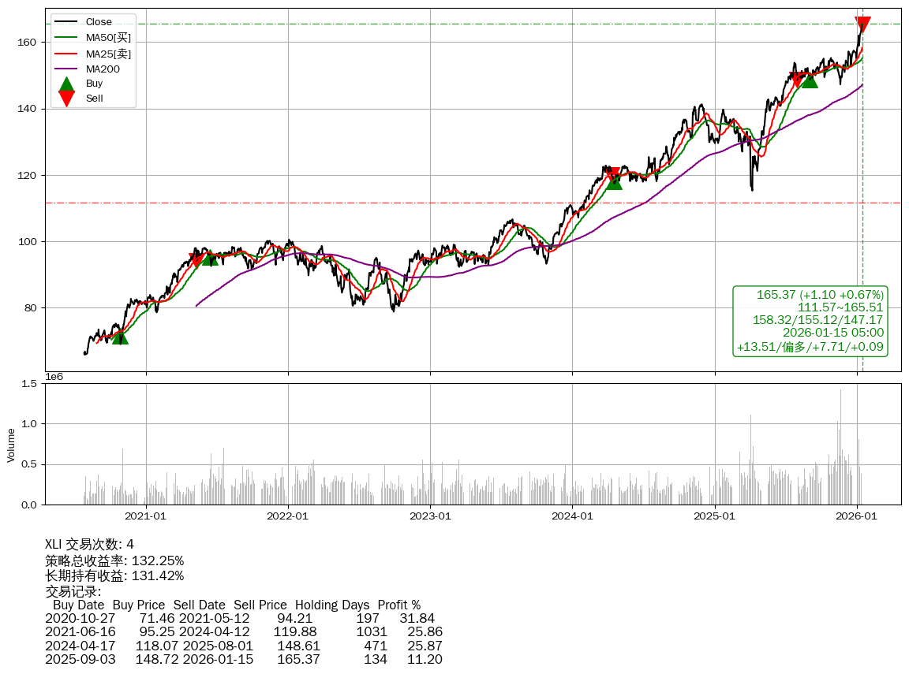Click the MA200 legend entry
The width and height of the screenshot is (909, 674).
pos(103,69)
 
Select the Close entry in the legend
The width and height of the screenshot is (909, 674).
pos(99,22)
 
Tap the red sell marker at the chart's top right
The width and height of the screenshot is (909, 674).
pos(862,24)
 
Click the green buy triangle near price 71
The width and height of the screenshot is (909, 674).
pos(120,337)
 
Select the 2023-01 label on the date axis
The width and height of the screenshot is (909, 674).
pos(430,517)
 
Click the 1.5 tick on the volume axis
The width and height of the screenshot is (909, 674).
pos(29,384)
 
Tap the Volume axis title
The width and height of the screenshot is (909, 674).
pos(11,445)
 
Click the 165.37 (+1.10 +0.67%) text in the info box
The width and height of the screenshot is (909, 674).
pos(820,295)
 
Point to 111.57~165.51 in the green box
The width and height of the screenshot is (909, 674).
pos(840,307)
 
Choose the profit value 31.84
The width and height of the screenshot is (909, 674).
pos(418,619)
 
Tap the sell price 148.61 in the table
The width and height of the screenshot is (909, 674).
pos(298,646)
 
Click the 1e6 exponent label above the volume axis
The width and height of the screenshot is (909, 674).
pos(54,377)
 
